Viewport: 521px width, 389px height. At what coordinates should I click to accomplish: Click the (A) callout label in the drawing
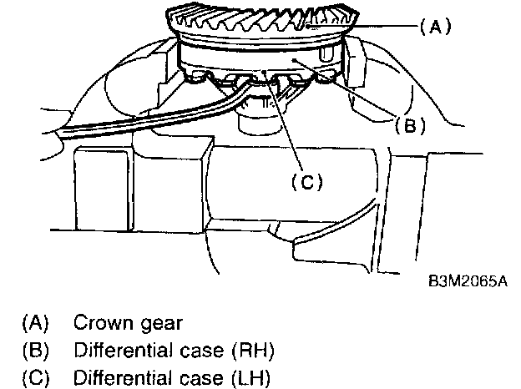[435, 27]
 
